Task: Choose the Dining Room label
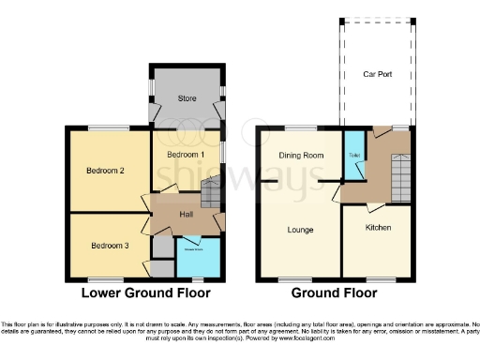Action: (300, 155)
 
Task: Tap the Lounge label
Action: (300, 230)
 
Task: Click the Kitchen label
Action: (378, 228)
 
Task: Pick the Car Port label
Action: (377, 73)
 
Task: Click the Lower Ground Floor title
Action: (145, 292)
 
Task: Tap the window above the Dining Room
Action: (300, 127)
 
